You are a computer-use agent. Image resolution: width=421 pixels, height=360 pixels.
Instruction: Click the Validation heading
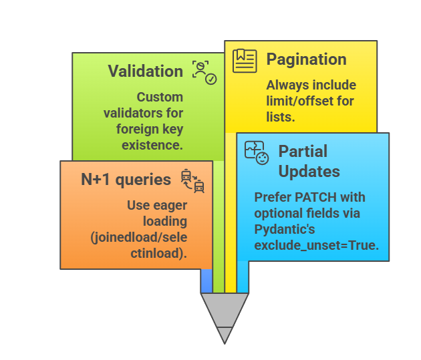(x=145, y=71)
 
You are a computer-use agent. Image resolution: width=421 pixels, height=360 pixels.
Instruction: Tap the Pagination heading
(x=306, y=59)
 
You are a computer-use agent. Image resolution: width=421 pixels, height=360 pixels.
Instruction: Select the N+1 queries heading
(x=126, y=179)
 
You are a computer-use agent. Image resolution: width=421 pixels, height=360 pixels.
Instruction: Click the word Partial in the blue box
(x=303, y=151)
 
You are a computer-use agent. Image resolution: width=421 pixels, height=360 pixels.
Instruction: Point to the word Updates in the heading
(x=309, y=171)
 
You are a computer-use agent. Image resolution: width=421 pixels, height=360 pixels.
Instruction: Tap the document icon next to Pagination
(x=245, y=60)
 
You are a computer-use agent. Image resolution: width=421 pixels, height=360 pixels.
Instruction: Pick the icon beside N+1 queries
(x=192, y=181)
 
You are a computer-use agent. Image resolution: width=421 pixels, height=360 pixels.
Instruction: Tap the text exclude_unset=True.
(x=316, y=245)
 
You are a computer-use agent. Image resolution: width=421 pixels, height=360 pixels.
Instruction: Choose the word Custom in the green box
(x=160, y=98)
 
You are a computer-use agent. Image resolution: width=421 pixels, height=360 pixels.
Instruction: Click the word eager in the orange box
(x=169, y=205)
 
